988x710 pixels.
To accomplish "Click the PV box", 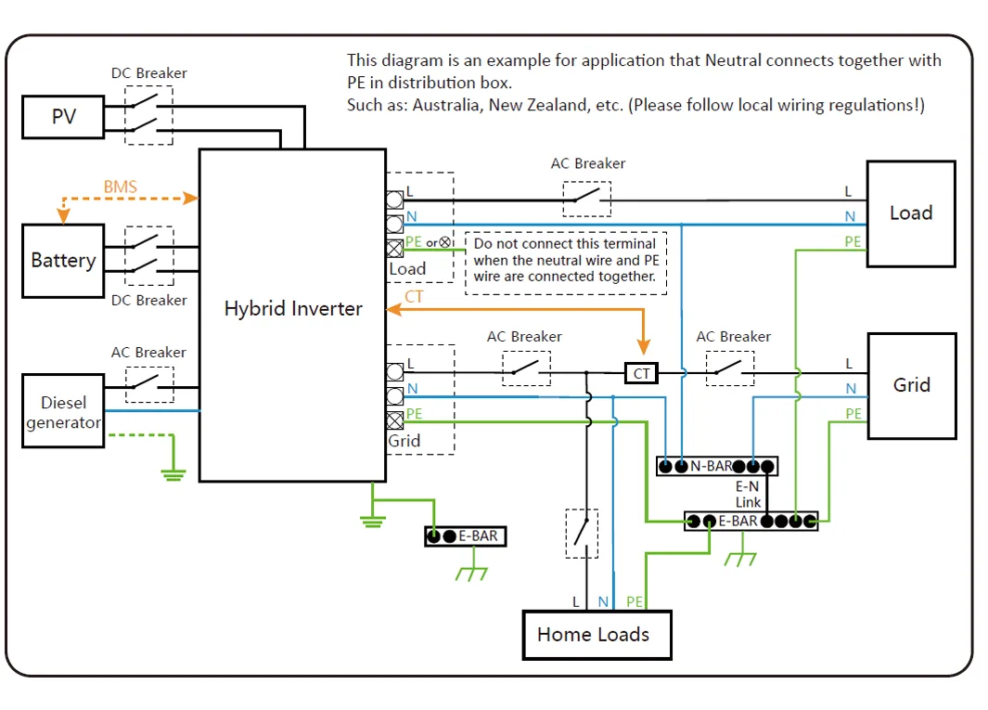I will click(x=63, y=118).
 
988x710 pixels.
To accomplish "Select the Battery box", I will click(x=63, y=261).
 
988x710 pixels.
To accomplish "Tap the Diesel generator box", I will click(x=63, y=410).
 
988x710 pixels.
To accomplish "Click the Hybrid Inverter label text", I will click(x=293, y=309).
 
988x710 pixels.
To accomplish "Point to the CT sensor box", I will click(x=642, y=373).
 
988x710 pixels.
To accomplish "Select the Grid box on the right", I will click(x=911, y=385).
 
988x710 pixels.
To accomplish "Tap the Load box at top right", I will click(x=910, y=213).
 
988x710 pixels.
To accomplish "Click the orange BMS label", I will click(x=120, y=187).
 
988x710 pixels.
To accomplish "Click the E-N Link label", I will click(x=748, y=494).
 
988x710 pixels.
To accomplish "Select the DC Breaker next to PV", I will click(x=148, y=115).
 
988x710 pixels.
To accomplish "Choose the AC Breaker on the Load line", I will click(x=587, y=198).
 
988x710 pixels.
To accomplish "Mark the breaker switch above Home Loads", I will click(x=582, y=534).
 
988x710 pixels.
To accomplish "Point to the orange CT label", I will click(x=415, y=297).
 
